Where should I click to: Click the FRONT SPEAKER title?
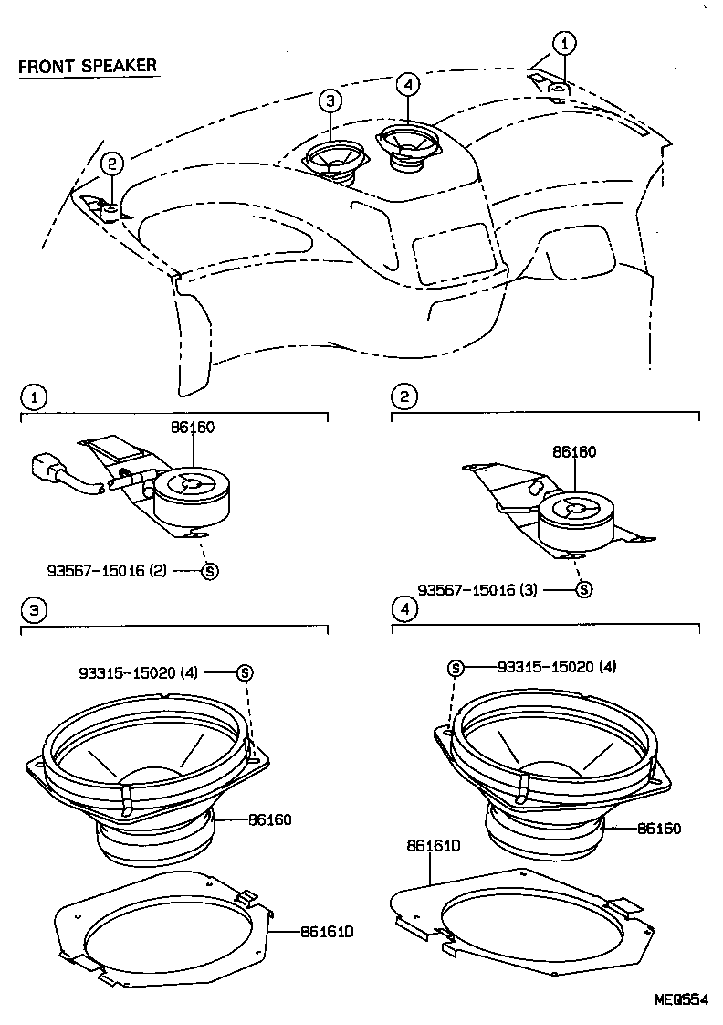coord(88,66)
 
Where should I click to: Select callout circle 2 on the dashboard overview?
coord(111,164)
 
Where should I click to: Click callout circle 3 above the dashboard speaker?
coord(330,101)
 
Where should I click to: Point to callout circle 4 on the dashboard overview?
coord(408,84)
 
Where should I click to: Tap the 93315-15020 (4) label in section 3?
coord(151,672)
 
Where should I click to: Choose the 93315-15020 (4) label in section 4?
coord(557,667)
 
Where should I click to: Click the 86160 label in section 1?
coord(192,427)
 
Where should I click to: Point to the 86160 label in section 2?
coord(574,452)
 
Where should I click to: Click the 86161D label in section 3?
coord(326,932)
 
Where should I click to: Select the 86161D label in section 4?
coord(434,846)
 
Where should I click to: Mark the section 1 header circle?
coord(33,397)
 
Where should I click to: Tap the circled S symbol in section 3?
coord(245,672)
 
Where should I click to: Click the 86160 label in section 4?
coord(659,829)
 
